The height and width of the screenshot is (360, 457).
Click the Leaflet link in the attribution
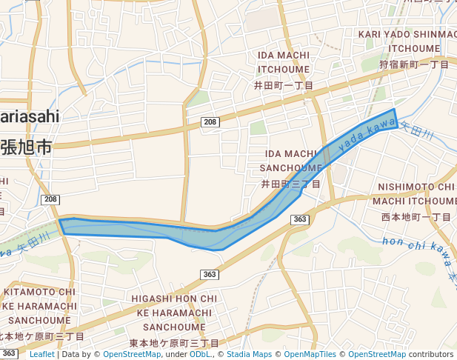pos(43,355)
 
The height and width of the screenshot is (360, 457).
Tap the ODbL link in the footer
pos(200,355)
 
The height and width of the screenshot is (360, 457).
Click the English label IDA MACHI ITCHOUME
pos(284,62)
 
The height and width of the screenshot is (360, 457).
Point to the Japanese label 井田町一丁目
pos(284,86)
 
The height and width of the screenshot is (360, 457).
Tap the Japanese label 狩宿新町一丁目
pos(414,65)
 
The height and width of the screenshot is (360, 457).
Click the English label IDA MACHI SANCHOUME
pos(290,160)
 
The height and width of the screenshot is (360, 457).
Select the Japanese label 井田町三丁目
pos(290,184)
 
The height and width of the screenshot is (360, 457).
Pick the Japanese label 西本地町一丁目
pos(416,217)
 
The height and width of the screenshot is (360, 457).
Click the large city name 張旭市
pos(26,147)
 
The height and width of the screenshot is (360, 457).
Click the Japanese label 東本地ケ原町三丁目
pos(174,344)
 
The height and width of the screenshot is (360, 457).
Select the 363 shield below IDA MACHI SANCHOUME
pos(300,219)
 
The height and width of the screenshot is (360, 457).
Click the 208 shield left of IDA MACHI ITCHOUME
pos(210,121)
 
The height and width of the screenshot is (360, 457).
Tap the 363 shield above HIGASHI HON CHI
pos(209,275)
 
